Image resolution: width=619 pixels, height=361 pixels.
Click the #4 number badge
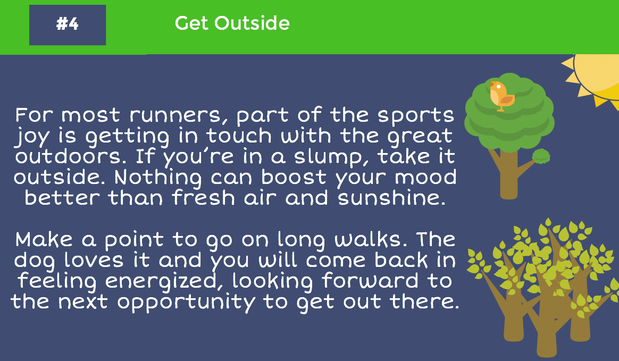pos(68,25)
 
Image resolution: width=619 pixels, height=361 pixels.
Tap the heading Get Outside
pos(232,23)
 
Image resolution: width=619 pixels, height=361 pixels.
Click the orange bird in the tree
pos(501,96)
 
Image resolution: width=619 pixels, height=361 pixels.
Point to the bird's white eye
pos(498,87)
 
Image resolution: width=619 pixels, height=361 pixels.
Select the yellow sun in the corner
pos(594,79)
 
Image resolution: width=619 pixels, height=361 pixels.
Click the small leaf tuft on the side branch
pos(541,156)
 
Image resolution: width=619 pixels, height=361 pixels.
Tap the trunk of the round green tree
pos(508,174)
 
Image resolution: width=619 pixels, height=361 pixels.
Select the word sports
pos(416,115)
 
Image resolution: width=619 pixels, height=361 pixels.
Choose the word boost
pos(294,177)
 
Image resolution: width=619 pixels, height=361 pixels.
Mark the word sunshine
pos(391,198)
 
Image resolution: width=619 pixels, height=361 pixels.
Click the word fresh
pos(204,198)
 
